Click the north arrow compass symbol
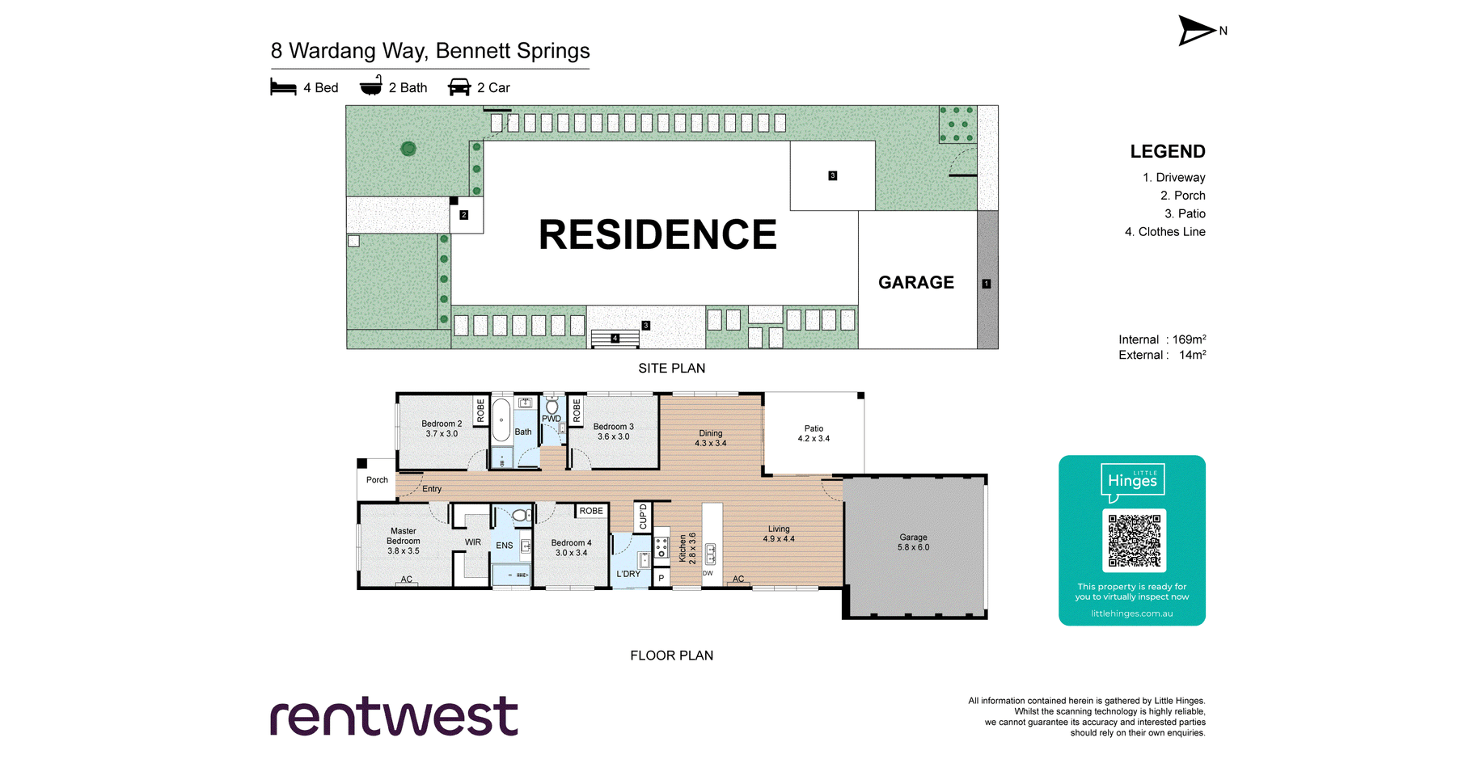click(x=1197, y=31)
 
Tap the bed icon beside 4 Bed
click(x=283, y=87)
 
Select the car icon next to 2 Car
click(x=459, y=87)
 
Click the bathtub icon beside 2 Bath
click(x=371, y=86)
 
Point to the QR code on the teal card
click(x=1134, y=540)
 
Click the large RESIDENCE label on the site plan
click(x=657, y=235)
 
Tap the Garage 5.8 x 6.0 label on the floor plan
click(x=913, y=542)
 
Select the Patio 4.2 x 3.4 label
click(x=814, y=434)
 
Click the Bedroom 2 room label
click(x=442, y=428)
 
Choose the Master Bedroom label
click(x=403, y=541)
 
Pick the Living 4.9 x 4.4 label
click(x=779, y=533)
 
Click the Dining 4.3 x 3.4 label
click(x=710, y=438)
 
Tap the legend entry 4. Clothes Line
click(x=1164, y=232)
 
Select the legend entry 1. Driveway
click(x=1173, y=178)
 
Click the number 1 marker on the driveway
click(x=986, y=284)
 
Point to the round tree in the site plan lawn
click(x=408, y=149)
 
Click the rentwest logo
click(x=394, y=716)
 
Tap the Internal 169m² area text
click(x=1161, y=339)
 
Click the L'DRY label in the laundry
click(x=628, y=574)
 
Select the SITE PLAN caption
click(x=671, y=369)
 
